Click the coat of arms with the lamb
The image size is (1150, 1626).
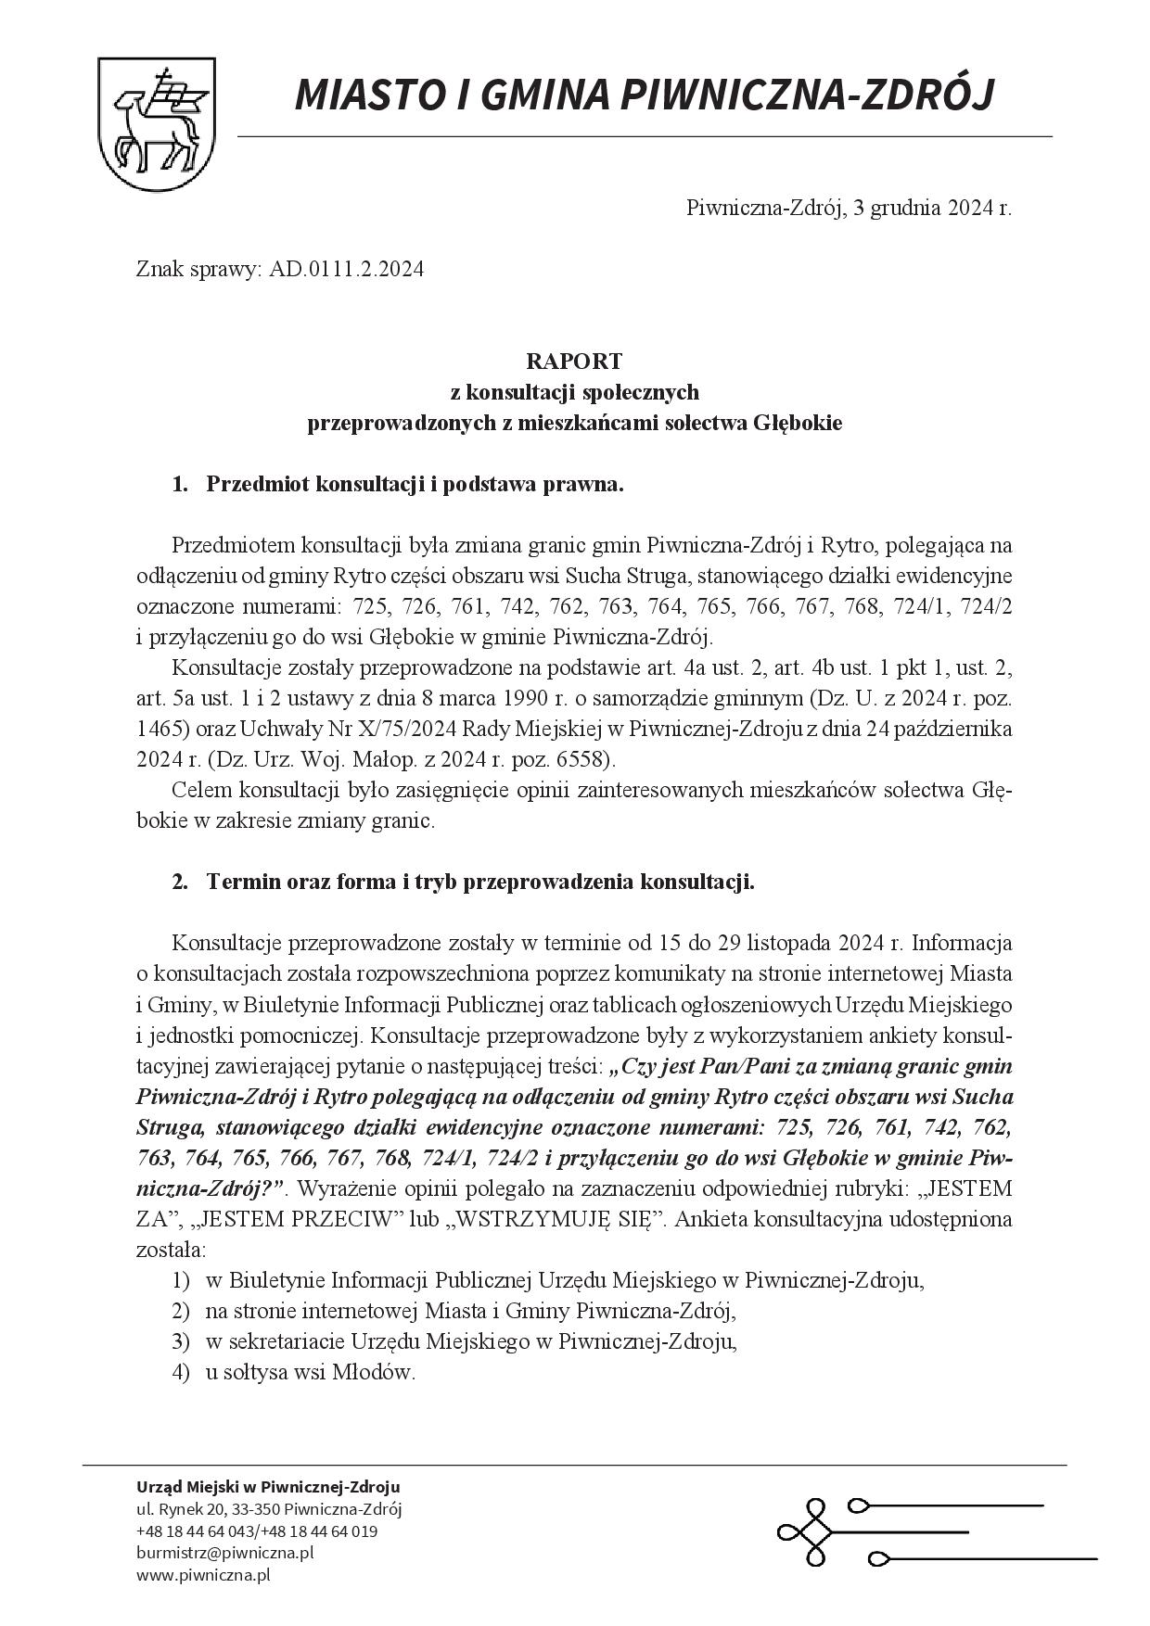click(x=158, y=121)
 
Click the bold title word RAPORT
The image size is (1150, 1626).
click(x=574, y=361)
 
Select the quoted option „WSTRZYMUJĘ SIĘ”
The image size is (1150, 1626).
click(x=555, y=1219)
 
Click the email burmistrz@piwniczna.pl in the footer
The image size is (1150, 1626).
click(x=225, y=1552)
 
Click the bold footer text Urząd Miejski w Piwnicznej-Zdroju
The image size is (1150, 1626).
click(x=269, y=1486)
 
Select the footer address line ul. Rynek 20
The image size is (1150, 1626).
click(x=269, y=1509)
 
